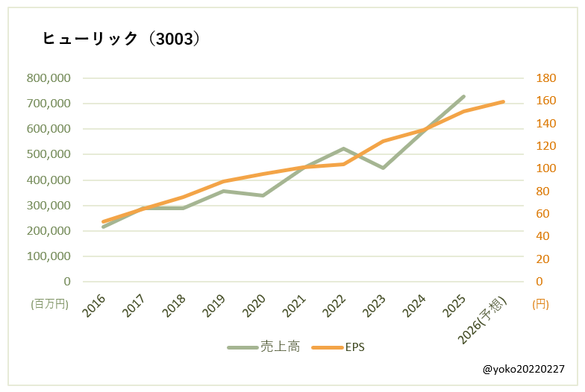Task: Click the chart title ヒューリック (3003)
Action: click(121, 39)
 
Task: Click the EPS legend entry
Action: click(338, 347)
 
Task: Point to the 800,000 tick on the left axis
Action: click(49, 78)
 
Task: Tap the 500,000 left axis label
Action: click(49, 154)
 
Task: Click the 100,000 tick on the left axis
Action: click(49, 256)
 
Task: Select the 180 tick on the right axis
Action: click(546, 78)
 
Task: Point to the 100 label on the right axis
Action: click(546, 168)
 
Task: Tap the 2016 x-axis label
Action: click(95, 306)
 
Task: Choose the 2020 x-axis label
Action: click(254, 306)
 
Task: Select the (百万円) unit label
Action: click(49, 304)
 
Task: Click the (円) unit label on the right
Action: click(540, 304)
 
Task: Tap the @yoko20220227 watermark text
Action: click(523, 369)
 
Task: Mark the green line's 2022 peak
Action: click(343, 148)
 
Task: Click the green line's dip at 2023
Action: click(383, 168)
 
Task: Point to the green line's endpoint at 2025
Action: click(463, 96)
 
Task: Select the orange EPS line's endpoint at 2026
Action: click(503, 101)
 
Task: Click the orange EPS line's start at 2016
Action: click(103, 221)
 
